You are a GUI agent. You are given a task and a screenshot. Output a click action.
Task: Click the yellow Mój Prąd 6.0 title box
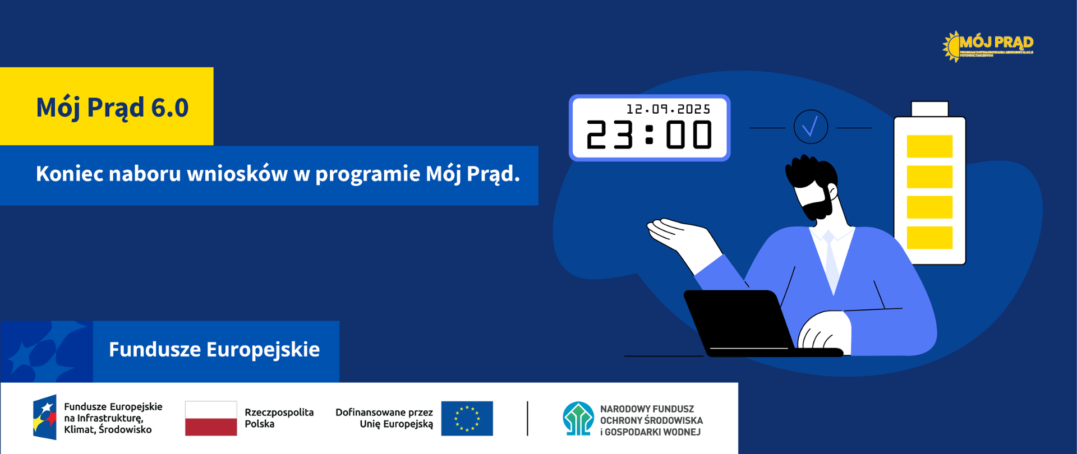click(x=107, y=106)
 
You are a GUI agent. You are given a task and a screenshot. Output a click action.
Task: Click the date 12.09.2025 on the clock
click(x=668, y=109)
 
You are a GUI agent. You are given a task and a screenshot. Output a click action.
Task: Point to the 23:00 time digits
click(x=649, y=135)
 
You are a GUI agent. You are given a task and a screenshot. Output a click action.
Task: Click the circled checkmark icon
click(x=811, y=127)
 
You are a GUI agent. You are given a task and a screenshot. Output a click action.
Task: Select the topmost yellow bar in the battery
click(x=929, y=146)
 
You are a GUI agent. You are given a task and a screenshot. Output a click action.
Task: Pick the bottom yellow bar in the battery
click(x=929, y=238)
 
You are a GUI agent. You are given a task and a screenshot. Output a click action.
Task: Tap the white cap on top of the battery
click(x=929, y=108)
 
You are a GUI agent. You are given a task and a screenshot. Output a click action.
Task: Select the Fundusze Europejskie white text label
click(x=214, y=350)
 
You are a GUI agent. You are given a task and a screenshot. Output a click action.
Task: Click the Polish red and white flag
click(x=211, y=418)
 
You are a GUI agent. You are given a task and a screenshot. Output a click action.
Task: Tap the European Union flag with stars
click(x=467, y=418)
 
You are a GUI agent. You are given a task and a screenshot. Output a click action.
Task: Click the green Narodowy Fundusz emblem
click(x=578, y=419)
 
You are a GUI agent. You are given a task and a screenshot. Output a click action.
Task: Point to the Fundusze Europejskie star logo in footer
click(x=45, y=418)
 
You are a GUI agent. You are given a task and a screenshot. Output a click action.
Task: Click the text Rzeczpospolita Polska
click(x=279, y=418)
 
